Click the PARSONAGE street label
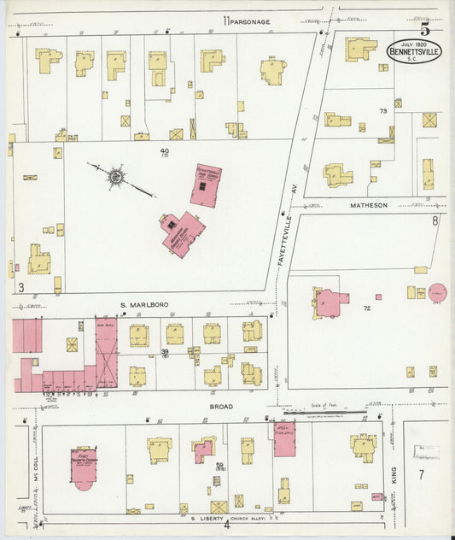(x=250, y=21)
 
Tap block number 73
(x=383, y=111)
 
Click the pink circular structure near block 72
(x=437, y=293)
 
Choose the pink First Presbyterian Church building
(x=84, y=467)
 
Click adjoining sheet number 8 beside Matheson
(x=435, y=221)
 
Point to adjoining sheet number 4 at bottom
(x=226, y=525)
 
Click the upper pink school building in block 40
(x=205, y=185)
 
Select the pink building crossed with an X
(x=106, y=354)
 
